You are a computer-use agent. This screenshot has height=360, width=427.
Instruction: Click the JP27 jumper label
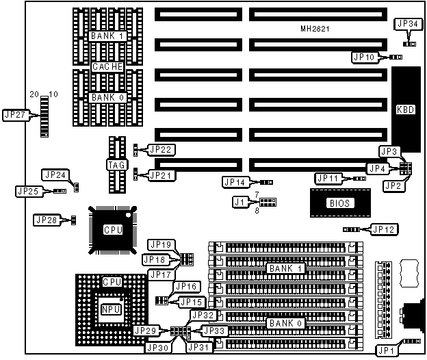click(15, 114)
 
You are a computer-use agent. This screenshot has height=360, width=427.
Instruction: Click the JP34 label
click(408, 24)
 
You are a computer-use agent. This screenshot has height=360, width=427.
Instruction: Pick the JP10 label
click(363, 57)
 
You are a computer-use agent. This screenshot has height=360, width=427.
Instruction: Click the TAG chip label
click(114, 164)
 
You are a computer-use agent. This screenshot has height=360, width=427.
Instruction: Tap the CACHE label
click(107, 66)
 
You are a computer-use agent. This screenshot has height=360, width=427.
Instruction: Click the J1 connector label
click(239, 203)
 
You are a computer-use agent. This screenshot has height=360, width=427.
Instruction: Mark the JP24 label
click(55, 175)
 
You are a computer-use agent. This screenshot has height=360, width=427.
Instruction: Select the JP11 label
click(328, 178)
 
